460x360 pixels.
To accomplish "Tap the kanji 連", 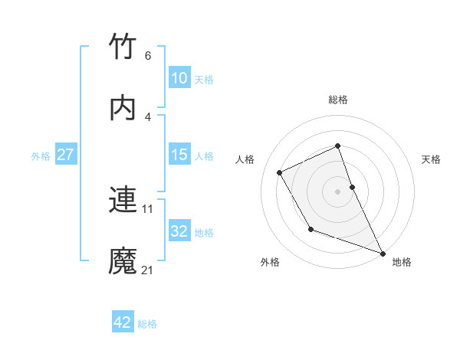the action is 123,200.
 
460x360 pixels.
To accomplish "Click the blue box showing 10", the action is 179,78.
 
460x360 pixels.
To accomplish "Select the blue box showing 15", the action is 179,155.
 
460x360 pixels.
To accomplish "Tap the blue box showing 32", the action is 179,231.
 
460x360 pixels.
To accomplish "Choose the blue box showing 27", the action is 65,155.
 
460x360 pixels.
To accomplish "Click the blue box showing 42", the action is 123,322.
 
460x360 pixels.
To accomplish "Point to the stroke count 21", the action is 148,270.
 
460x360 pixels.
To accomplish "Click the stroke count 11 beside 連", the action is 148,208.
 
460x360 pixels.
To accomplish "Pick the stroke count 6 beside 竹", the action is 148,55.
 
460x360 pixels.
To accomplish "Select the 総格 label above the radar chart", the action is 338,100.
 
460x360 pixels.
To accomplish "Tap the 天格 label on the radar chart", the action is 431,159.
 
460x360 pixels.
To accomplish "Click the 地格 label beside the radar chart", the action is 402,262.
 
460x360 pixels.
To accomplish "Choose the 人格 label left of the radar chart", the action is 245,159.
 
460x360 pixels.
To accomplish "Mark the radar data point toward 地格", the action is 383,253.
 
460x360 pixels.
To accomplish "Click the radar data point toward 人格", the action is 280,172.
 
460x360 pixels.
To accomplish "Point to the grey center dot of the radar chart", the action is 338,191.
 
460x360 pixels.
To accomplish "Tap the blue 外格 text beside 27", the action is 41,155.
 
